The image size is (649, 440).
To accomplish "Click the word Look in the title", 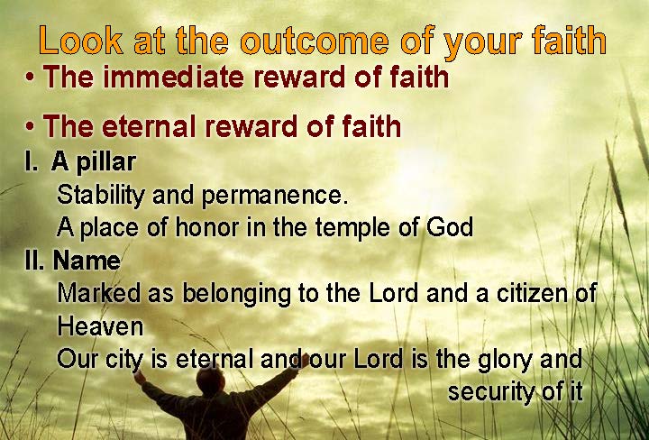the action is pos(81,41).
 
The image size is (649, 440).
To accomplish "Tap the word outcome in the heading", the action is pos(315,41).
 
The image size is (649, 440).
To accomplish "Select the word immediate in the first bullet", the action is pos(173,77).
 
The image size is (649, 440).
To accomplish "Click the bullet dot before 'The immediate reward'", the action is pos(30,77).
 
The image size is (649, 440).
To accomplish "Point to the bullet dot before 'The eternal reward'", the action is pos(30,126).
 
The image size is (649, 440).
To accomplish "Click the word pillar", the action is pos(106,162).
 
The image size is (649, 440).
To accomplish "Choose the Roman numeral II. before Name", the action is pos(34,261).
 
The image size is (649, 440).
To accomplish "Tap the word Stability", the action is pos(101,196).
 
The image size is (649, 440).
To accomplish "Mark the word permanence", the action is pos(274,197).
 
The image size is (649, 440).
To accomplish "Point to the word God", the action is pos(450,227).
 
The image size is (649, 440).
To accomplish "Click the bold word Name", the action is pos(87,261).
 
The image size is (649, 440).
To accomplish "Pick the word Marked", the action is pos(98,293).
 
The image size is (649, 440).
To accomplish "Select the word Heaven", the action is pos(100,326).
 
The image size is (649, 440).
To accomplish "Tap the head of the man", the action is pos(210,380).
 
